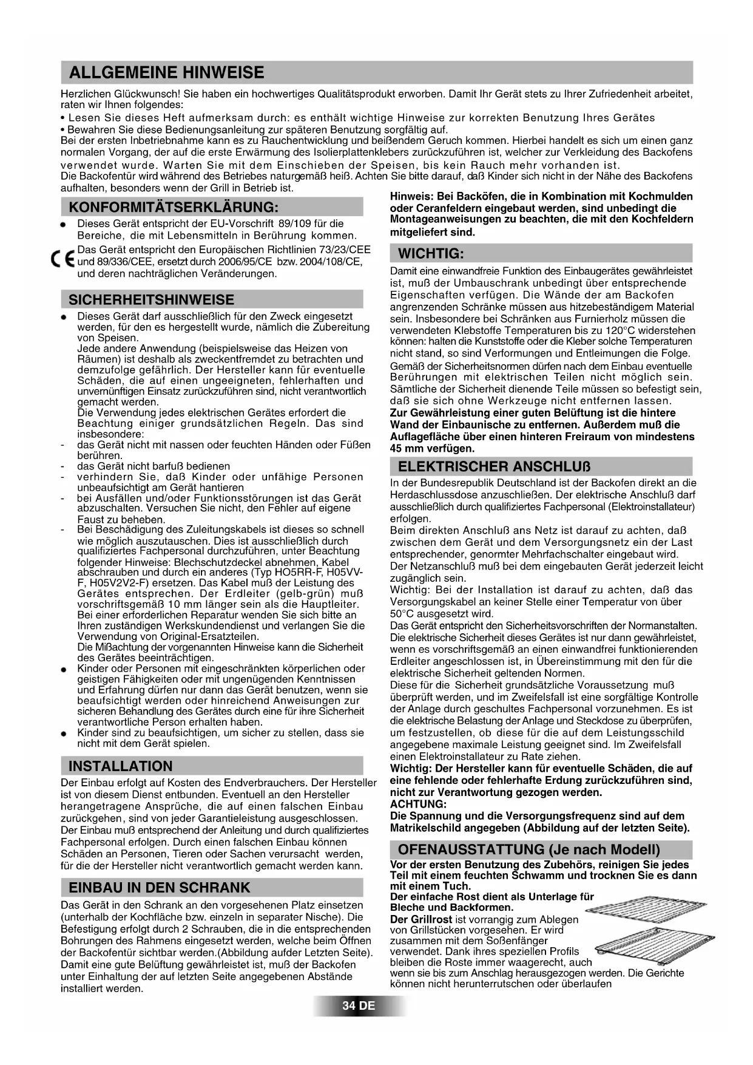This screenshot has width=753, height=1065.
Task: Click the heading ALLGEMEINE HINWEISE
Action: [x=166, y=73]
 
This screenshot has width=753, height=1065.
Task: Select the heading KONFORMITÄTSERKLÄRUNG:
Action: [x=174, y=207]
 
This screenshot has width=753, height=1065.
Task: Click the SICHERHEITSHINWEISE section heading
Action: [x=151, y=299]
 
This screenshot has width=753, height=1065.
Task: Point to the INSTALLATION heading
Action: [x=121, y=766]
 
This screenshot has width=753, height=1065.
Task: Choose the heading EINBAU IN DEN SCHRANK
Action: [x=159, y=887]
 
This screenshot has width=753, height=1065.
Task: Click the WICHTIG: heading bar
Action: [x=431, y=253]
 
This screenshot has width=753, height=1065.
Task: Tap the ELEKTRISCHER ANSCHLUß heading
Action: [x=494, y=466]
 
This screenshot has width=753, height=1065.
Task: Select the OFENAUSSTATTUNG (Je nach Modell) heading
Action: [x=528, y=849]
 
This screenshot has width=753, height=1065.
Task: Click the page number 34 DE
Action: [x=359, y=1005]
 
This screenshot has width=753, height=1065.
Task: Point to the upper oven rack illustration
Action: [x=631, y=911]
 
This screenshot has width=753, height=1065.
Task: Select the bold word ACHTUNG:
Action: [x=418, y=804]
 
